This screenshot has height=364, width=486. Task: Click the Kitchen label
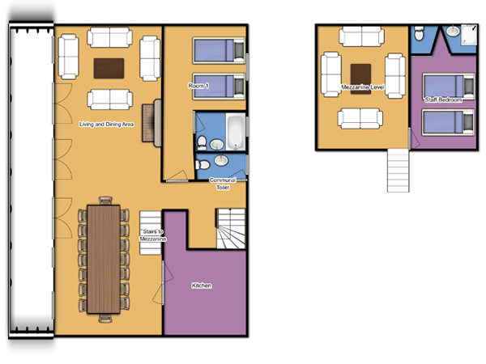click(202, 286)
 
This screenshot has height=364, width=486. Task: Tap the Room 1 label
click(198, 86)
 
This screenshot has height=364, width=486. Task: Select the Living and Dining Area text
click(107, 124)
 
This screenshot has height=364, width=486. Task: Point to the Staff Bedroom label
click(443, 99)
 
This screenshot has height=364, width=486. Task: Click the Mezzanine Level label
click(363, 87)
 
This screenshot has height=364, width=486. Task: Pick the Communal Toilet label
click(223, 184)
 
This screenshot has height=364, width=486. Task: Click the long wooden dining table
click(104, 260)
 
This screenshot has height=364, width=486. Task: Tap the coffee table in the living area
click(109, 69)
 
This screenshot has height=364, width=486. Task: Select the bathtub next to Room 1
click(236, 132)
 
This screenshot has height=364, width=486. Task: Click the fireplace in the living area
click(152, 123)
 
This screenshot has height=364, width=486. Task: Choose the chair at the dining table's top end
click(105, 201)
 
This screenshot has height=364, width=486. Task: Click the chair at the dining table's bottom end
click(105, 319)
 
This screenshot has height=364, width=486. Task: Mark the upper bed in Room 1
click(219, 50)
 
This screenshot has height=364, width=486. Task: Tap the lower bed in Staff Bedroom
click(448, 122)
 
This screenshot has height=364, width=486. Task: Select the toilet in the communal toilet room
click(202, 165)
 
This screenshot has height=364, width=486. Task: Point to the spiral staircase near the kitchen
click(231, 229)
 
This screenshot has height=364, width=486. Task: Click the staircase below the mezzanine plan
click(399, 170)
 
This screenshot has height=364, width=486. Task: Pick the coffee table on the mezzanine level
click(360, 78)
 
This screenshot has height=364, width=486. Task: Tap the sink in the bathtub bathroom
click(217, 144)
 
